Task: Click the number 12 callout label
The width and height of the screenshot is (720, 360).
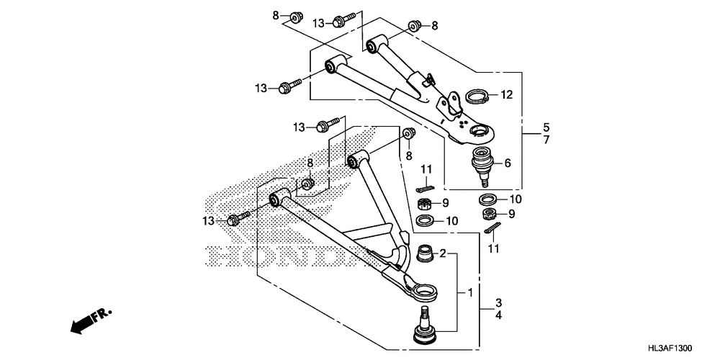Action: [x=506, y=94]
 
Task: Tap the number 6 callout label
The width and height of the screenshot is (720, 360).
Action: [x=508, y=163]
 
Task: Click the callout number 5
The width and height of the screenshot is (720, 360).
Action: [x=546, y=125]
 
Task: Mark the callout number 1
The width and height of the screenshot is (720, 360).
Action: [x=470, y=293]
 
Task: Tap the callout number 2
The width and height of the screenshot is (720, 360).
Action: [x=444, y=253]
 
